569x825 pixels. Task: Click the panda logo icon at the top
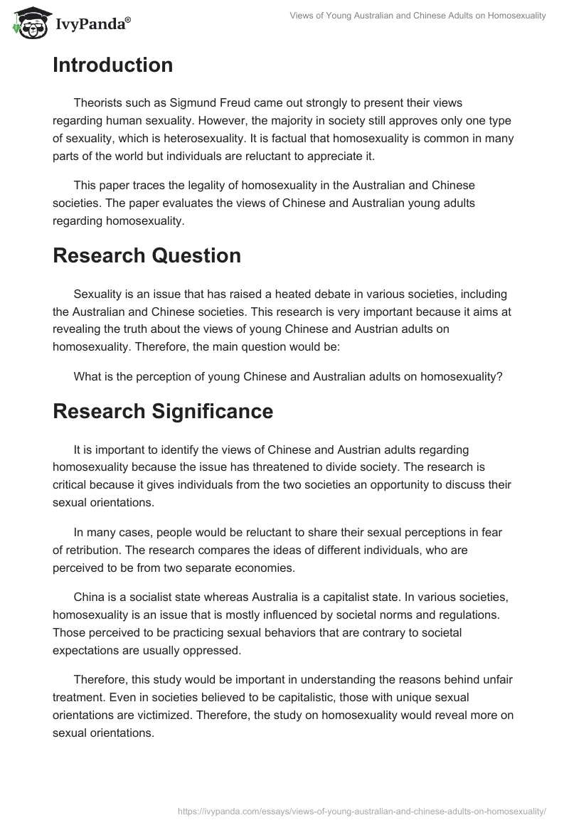click(x=29, y=21)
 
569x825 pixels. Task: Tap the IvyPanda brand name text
click(x=91, y=23)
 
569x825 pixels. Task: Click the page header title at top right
click(x=418, y=15)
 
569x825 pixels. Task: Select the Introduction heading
click(x=112, y=65)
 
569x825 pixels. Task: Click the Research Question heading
click(x=147, y=255)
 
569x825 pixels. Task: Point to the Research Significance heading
click(x=163, y=411)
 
